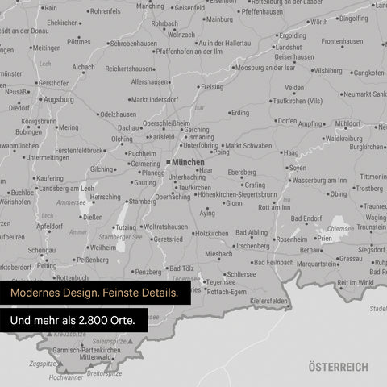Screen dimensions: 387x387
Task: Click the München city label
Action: (x=188, y=162)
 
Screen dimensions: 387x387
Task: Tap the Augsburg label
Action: (x=58, y=99)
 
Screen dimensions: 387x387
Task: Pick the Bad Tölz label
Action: (x=181, y=268)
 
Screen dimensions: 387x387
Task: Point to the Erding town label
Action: (x=240, y=113)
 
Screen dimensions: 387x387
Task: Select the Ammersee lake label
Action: (x=70, y=202)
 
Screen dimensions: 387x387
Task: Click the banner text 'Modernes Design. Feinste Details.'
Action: (x=94, y=292)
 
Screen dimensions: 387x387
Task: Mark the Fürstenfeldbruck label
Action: (x=68, y=150)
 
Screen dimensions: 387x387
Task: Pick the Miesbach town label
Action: (x=218, y=253)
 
